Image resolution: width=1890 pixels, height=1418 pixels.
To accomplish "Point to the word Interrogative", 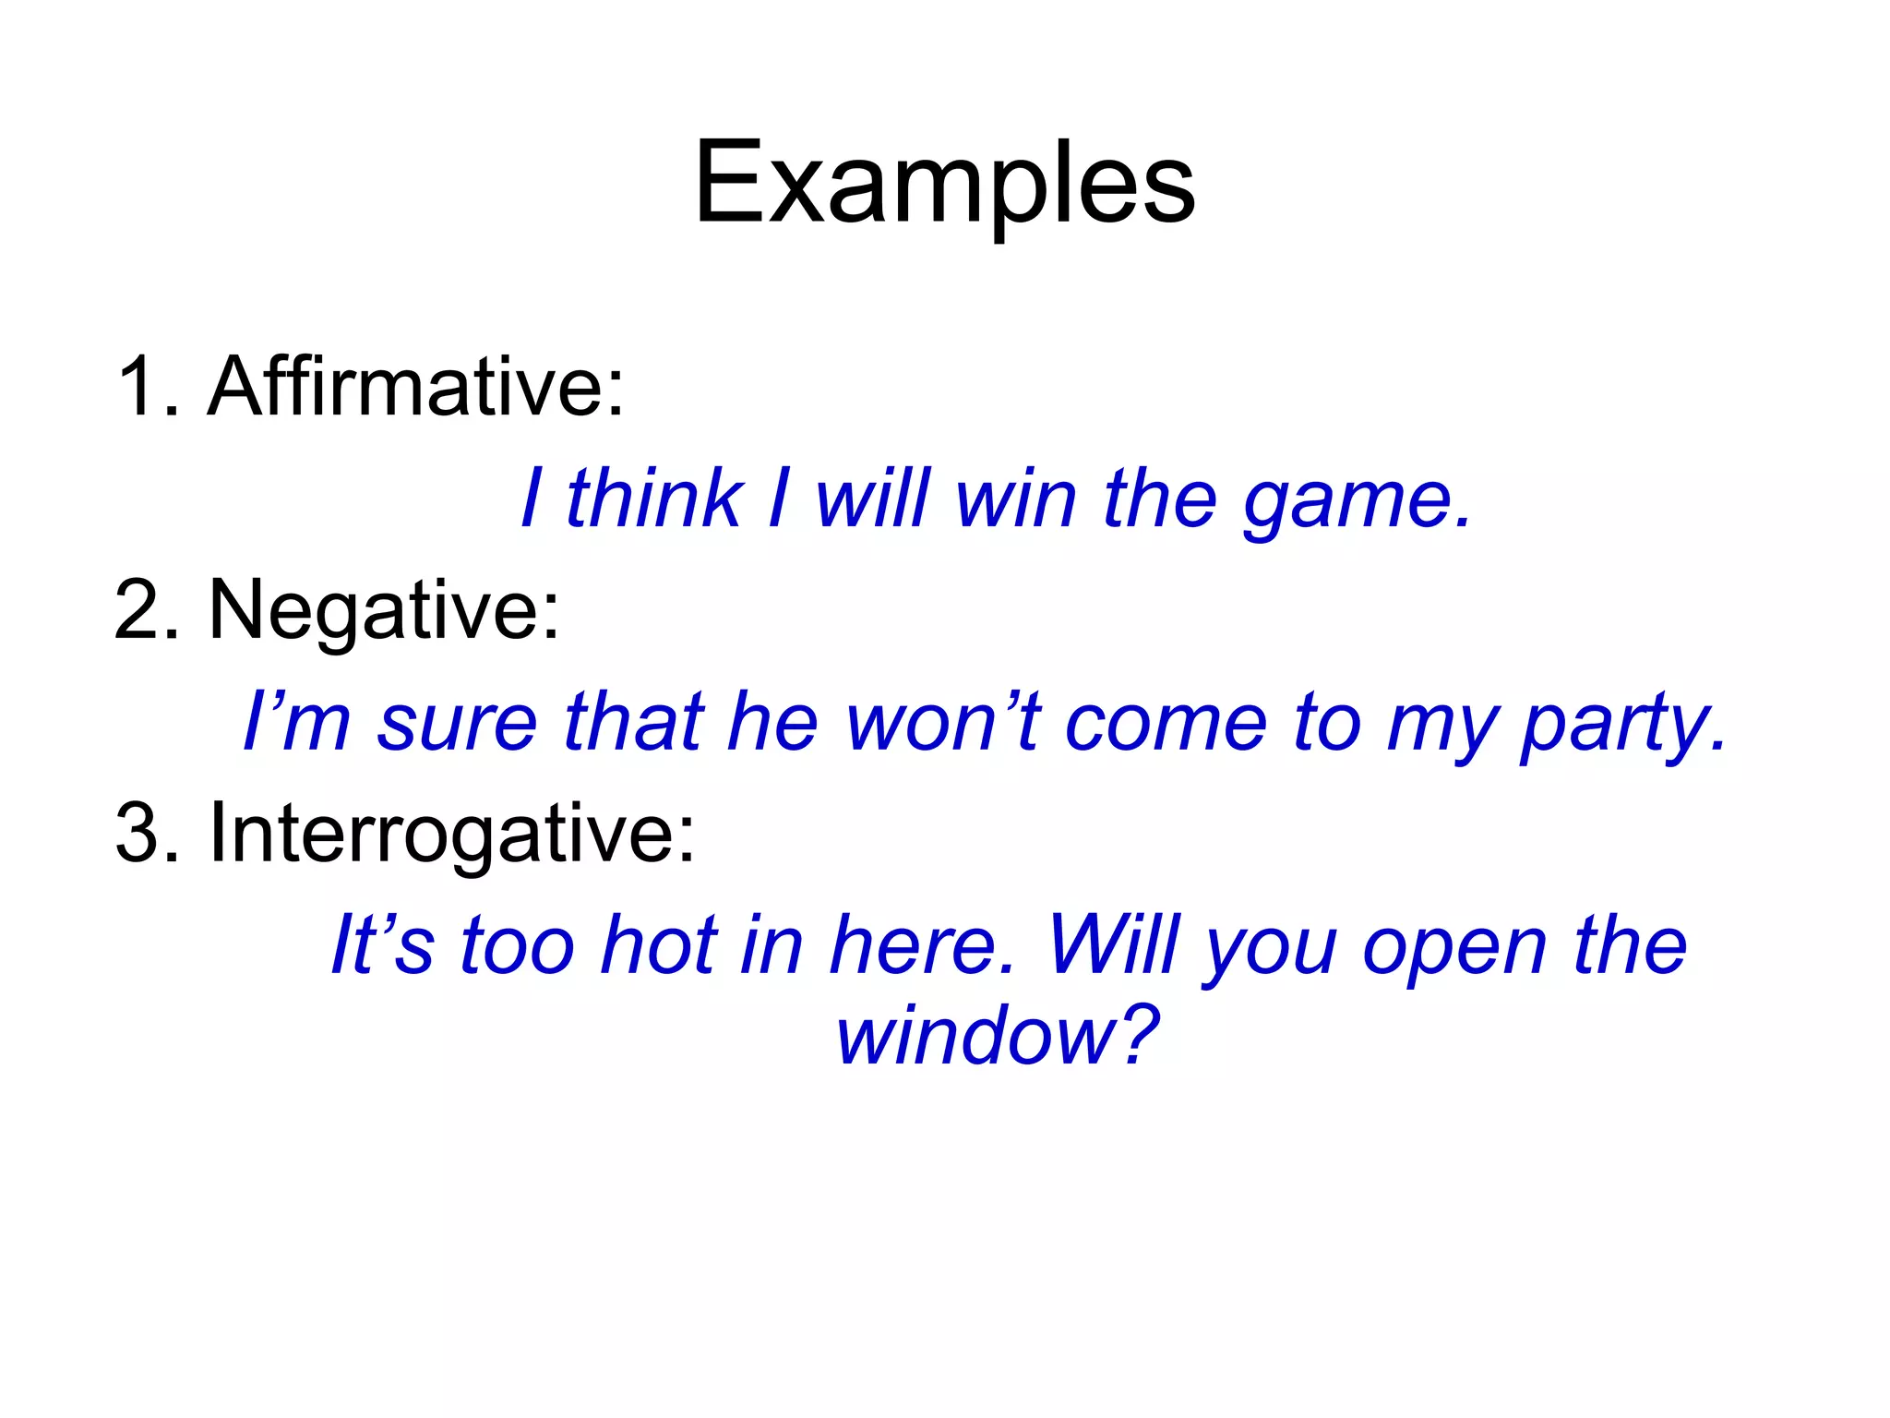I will click(452, 833).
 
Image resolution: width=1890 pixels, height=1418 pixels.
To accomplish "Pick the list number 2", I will click(140, 609).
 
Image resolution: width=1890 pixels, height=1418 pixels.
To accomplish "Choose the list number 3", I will click(140, 833).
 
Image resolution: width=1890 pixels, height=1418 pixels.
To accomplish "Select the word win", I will click(1015, 499).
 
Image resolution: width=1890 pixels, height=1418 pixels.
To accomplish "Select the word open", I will click(1453, 949).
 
